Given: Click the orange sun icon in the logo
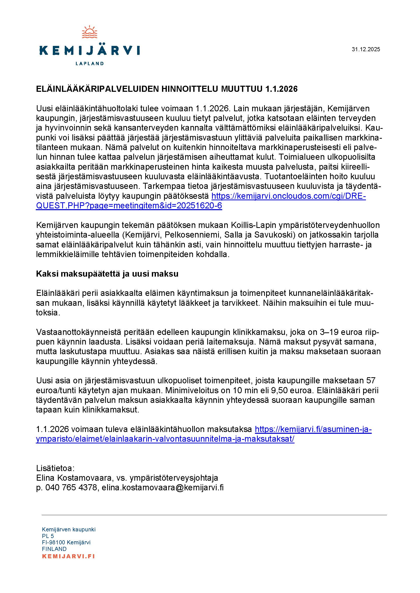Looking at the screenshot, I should tap(89, 32).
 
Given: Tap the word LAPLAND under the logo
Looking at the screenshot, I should tap(89, 64).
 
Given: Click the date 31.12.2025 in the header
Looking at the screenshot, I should tap(366, 49).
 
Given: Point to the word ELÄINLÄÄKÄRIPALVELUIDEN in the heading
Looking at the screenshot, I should tap(97, 89).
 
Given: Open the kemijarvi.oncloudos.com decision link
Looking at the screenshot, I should tap(288, 196).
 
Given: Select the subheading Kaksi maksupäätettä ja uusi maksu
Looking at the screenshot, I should tap(107, 274).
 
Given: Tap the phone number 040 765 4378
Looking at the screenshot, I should tap(71, 488).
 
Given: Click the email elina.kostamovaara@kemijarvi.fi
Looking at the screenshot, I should tap(163, 488).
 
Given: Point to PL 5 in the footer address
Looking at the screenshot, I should tap(48, 536).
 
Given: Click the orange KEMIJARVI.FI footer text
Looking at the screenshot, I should tap(68, 556).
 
